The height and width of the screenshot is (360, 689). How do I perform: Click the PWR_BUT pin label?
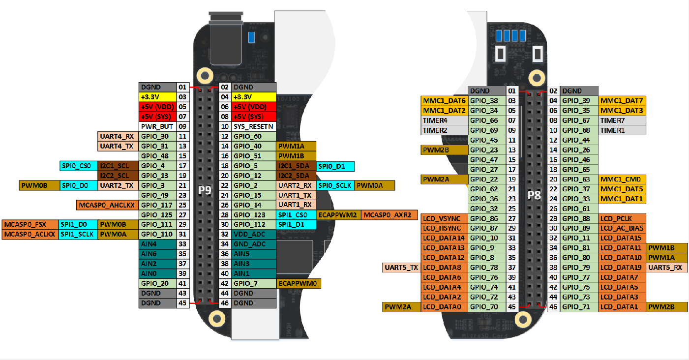pyautogui.click(x=158, y=126)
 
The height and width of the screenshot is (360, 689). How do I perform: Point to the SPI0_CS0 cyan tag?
pyautogui.click(x=79, y=166)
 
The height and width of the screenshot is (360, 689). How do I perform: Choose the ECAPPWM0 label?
pyautogui.click(x=299, y=284)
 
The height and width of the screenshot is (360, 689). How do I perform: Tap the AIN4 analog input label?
pyautogui.click(x=158, y=244)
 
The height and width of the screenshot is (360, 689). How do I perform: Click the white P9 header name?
pyautogui.click(x=205, y=190)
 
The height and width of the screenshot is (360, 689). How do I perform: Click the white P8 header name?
pyautogui.click(x=535, y=195)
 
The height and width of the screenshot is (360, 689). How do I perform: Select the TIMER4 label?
pyautogui.click(x=445, y=120)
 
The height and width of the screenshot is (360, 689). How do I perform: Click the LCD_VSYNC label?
pyautogui.click(x=445, y=219)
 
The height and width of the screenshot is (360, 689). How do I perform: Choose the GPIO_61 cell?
pyautogui.click(x=579, y=209)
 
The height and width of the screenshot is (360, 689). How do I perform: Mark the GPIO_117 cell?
pyautogui.click(x=158, y=205)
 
